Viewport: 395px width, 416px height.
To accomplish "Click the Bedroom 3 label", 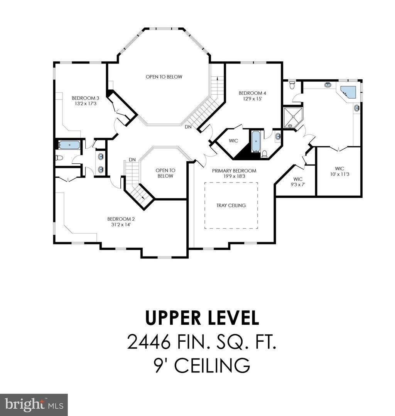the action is pos(84,98).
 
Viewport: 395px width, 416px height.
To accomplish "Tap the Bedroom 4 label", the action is pos(252,93).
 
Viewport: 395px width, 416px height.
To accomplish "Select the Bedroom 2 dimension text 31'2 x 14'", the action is pos(121,225).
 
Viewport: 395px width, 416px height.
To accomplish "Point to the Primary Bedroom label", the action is pos(234,171).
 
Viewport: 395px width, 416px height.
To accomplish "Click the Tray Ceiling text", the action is pos(231,205).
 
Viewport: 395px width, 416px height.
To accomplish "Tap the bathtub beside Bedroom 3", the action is pos(69,145).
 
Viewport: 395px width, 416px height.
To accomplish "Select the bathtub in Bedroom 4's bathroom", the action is pos(255,142).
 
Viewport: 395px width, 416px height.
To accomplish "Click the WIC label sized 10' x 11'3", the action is pos(339,168).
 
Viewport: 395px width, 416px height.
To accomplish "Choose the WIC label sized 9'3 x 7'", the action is pos(298,179).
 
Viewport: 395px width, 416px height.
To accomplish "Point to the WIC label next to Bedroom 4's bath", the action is pos(233,141).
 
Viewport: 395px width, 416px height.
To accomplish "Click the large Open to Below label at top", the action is pos(164,77).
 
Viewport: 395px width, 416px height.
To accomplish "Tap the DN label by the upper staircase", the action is pos(188,127).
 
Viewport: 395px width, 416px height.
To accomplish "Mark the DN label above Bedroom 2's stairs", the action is pos(132,160).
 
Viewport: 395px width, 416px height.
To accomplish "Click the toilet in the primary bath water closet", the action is pos(292,85).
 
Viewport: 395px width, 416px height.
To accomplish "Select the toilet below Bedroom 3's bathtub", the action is pos(59,158).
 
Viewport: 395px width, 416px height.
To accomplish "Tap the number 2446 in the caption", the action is pos(149,342).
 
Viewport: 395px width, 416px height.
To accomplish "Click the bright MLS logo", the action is pos(34,405).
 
